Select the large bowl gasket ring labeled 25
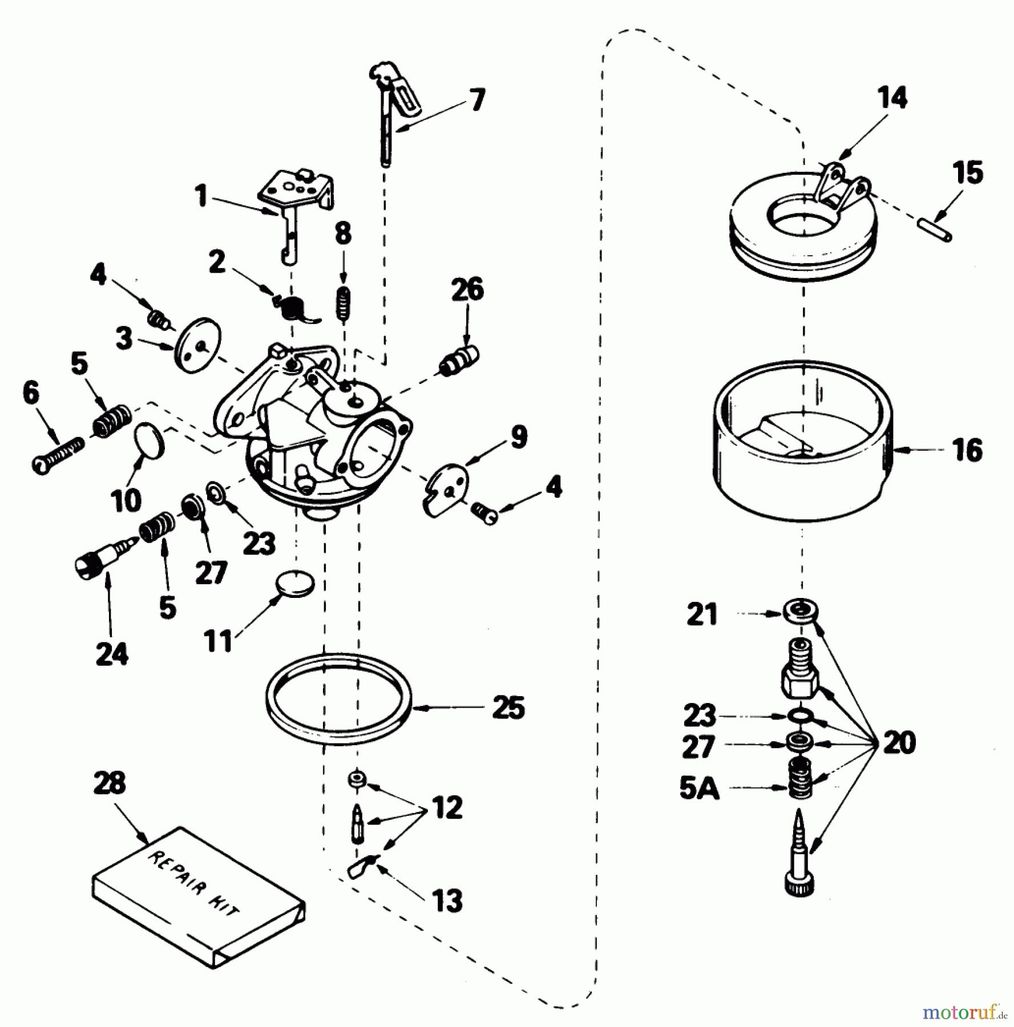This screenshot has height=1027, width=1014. click(339, 699)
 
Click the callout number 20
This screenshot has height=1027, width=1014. click(898, 742)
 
